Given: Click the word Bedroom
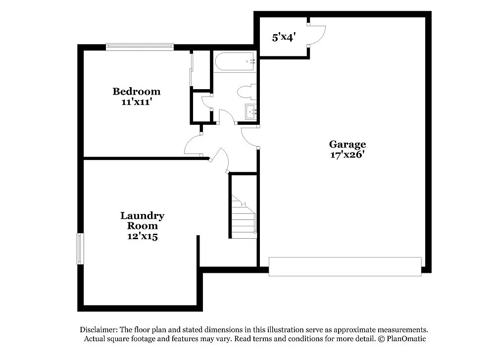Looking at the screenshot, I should [x=136, y=92].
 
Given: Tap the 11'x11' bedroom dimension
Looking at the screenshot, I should [x=136, y=102].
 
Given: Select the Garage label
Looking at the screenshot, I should [x=347, y=145].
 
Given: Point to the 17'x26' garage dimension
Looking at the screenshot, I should [x=347, y=154].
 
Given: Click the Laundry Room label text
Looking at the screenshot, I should [x=142, y=221].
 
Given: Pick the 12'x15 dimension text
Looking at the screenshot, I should [x=142, y=237].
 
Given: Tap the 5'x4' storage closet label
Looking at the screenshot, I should [x=284, y=37].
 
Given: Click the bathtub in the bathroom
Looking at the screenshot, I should [x=234, y=62].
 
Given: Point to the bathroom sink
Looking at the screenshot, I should [x=251, y=112].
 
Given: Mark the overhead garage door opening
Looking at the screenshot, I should [x=345, y=266].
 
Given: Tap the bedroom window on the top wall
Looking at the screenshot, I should [x=140, y=47].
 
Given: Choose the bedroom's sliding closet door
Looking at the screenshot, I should [x=191, y=69].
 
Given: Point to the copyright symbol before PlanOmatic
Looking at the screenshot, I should [x=382, y=339].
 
